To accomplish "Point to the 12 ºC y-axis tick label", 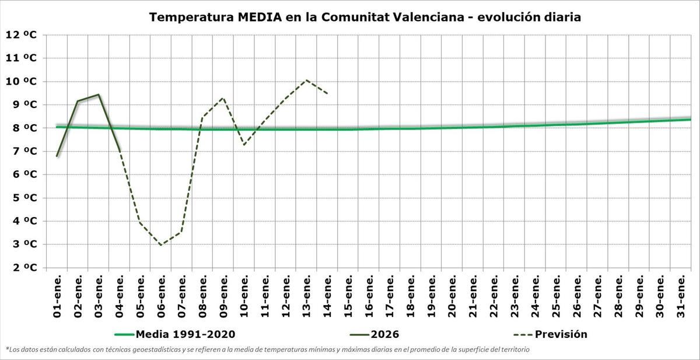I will click(21, 34).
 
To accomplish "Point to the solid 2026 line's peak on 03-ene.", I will click(99, 95).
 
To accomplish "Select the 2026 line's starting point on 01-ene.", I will click(57, 156).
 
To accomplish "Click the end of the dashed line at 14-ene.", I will click(327, 93).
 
